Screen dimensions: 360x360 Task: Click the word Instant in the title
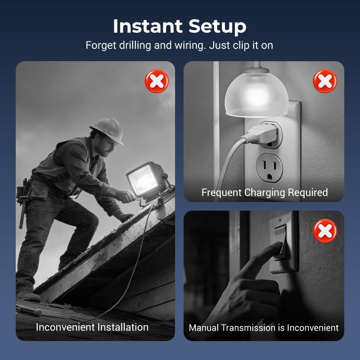coord(148,26)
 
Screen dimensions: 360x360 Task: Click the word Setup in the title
coord(217,27)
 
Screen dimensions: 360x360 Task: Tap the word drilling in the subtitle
coord(135,45)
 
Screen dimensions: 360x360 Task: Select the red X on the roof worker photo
coord(157,81)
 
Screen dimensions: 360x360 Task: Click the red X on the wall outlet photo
coord(325,81)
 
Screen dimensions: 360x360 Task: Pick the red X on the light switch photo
coord(325,231)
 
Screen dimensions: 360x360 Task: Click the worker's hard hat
coord(108,130)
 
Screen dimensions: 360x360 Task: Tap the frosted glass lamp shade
coord(256,93)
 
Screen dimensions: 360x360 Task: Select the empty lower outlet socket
coord(270,167)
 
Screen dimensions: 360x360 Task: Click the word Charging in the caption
coord(264,193)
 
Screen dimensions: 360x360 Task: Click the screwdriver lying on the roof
coord(29,310)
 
